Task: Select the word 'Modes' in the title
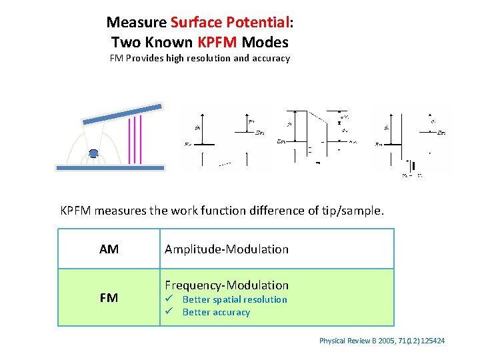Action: (265, 43)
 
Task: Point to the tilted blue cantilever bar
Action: (122, 114)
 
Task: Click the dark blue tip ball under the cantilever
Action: (93, 154)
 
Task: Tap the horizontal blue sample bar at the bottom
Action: (110, 169)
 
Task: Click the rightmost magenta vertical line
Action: (141, 139)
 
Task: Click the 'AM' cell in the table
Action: (109, 249)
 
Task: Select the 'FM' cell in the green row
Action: (109, 298)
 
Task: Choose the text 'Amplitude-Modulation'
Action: (227, 249)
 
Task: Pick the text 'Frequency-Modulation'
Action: (227, 285)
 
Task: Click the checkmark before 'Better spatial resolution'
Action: (169, 299)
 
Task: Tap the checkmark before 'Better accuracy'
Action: (169, 312)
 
